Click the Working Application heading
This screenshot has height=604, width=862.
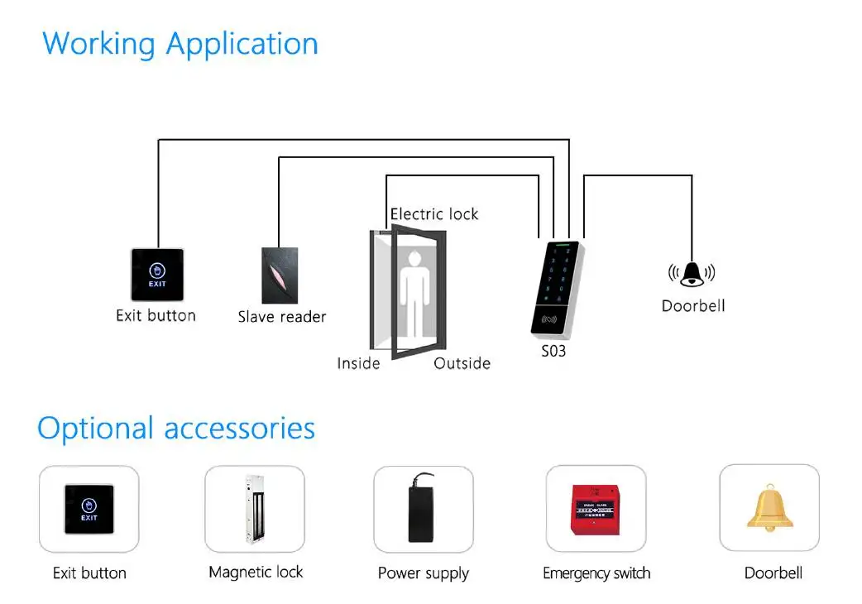(x=180, y=45)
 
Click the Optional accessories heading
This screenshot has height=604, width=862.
(x=176, y=429)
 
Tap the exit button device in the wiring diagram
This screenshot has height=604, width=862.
(x=157, y=275)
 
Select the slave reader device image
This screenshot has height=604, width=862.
(x=280, y=276)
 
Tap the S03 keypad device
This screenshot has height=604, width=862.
(x=557, y=289)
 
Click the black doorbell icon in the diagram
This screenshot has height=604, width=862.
(x=692, y=274)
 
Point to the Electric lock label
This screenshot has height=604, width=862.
(x=434, y=213)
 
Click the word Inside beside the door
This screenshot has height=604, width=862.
(x=358, y=363)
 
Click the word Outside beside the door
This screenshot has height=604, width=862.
(x=462, y=363)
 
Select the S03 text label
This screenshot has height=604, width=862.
(x=553, y=351)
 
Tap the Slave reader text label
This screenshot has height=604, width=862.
(x=282, y=317)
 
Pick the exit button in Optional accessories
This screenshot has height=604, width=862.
(x=89, y=509)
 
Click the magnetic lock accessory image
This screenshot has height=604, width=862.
(x=255, y=510)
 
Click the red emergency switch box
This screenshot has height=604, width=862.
(x=596, y=509)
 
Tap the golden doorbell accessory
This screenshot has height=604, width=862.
(x=769, y=508)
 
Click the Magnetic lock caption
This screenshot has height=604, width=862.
(x=256, y=572)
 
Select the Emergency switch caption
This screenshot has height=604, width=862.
(x=596, y=573)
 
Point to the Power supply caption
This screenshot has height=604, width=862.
(x=424, y=573)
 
